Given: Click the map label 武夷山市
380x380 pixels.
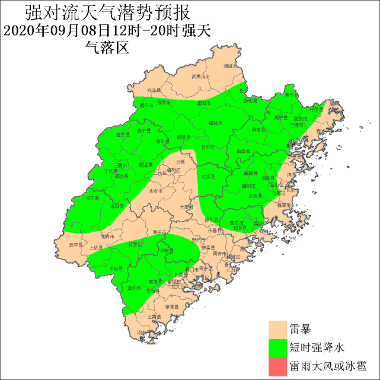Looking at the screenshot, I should click(x=200, y=76).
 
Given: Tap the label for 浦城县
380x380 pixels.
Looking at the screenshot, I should click(x=231, y=66).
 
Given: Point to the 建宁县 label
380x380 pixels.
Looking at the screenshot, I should click(x=123, y=135).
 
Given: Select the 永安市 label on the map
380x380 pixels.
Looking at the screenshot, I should click(x=156, y=191).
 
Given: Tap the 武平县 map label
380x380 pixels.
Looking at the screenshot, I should click(x=76, y=244).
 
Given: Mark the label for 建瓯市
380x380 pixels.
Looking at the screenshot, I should click(x=216, y=123).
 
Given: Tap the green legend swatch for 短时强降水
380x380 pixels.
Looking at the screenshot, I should click(x=277, y=347).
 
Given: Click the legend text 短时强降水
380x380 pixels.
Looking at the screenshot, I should click(x=313, y=347).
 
